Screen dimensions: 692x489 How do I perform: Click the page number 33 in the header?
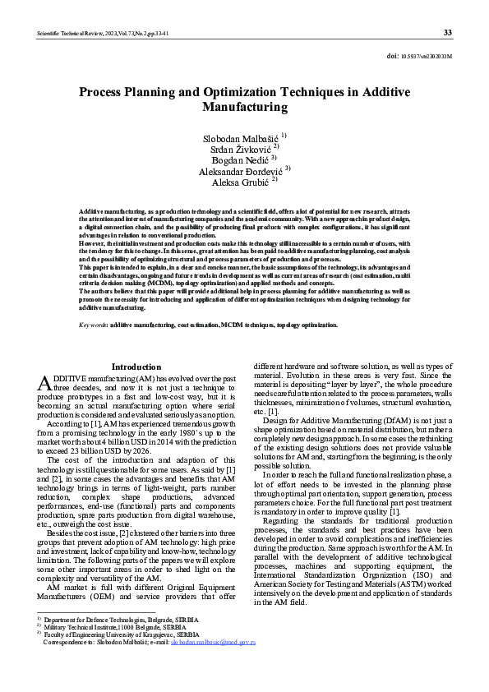pyautogui.click(x=447, y=33)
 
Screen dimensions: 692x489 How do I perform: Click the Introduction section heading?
pyautogui.click(x=136, y=367)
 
